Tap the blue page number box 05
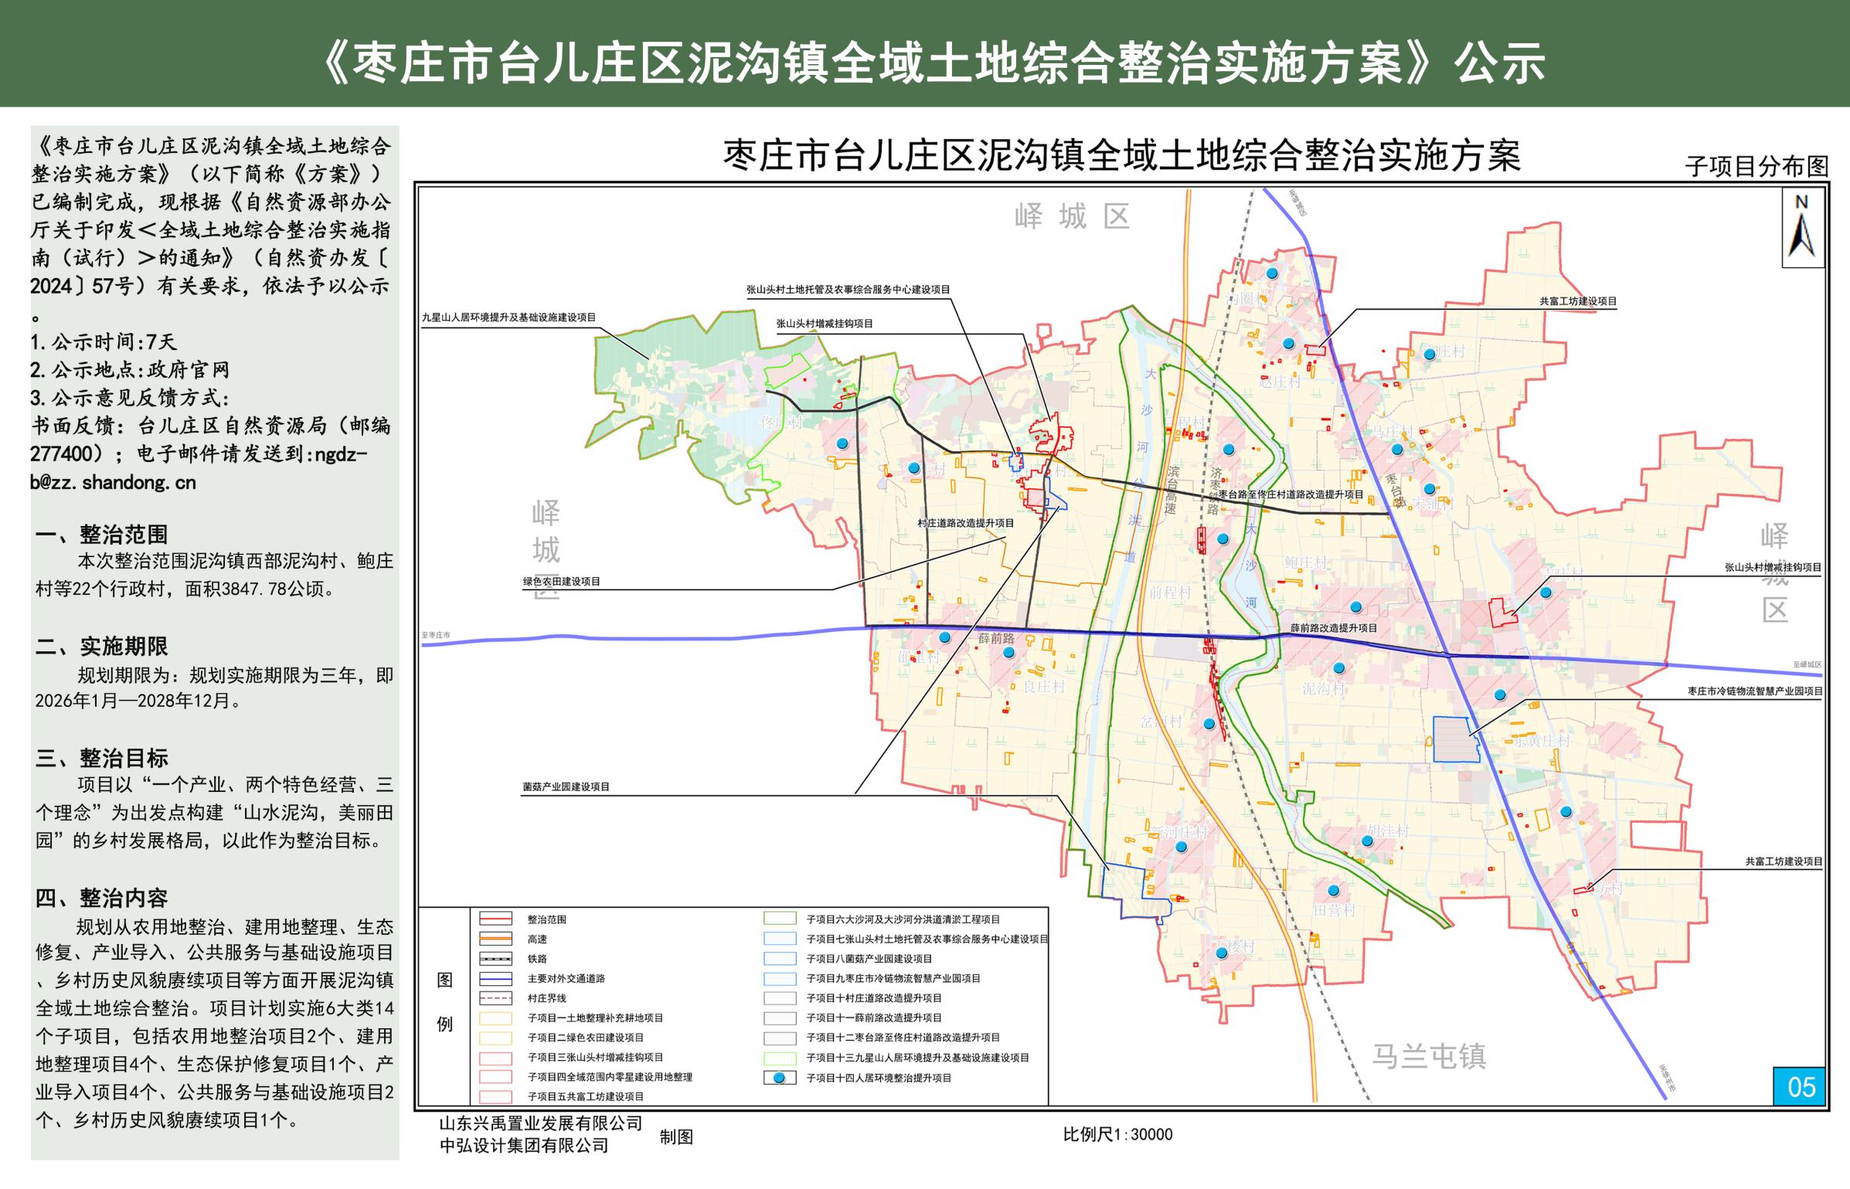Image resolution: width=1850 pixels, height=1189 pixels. (1801, 1087)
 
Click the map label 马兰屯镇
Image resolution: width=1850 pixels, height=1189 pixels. (1429, 1055)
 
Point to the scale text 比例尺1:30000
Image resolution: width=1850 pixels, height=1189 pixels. (1117, 1134)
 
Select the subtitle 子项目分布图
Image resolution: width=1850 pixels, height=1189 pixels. (1756, 166)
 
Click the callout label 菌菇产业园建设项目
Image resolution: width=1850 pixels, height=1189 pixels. (566, 786)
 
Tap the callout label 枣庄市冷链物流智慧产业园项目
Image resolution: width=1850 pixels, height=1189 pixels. (1755, 691)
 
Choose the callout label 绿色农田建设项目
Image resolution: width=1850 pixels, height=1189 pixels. (561, 581)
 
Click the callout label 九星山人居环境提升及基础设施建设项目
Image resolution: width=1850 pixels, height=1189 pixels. (508, 317)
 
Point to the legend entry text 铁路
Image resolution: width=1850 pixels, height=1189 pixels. (537, 959)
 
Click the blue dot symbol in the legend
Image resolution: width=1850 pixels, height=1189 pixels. (780, 1078)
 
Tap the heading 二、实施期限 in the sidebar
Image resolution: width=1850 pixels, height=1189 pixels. (101, 646)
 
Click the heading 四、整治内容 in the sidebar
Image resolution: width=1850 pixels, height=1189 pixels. (101, 898)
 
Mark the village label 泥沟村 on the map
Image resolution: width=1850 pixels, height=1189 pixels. (1323, 688)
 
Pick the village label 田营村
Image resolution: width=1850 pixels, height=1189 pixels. (1335, 910)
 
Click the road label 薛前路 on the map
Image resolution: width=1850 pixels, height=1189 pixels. (996, 638)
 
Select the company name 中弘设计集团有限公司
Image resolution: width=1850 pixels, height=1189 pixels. (523, 1145)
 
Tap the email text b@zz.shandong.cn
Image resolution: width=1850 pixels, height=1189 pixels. (113, 482)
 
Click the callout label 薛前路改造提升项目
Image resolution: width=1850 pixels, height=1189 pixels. (1333, 628)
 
